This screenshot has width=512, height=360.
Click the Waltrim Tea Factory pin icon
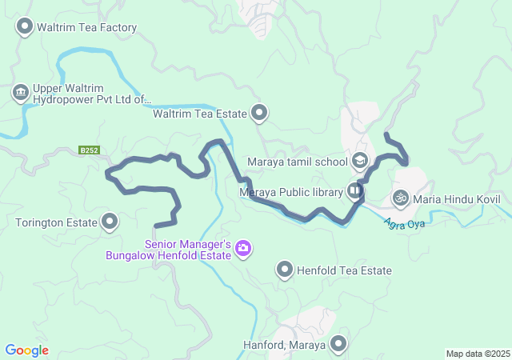click(25, 27)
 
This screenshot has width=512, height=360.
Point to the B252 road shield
click(89, 150)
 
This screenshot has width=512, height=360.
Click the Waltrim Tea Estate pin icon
click(259, 114)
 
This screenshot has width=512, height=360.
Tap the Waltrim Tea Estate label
click(199, 114)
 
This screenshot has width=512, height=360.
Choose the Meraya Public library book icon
click(354, 190)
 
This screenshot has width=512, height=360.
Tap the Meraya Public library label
click(291, 191)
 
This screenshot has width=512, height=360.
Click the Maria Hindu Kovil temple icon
click(401, 197)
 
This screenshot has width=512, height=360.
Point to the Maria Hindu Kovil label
click(457, 198)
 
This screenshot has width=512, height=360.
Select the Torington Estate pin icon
click(110, 222)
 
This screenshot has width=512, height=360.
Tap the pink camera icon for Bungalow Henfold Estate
click(243, 250)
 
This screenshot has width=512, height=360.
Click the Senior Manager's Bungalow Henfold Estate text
click(169, 250)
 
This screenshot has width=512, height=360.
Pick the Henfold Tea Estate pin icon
click(285, 270)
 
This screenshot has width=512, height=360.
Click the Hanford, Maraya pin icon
click(338, 345)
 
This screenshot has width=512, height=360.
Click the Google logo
click(26, 350)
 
